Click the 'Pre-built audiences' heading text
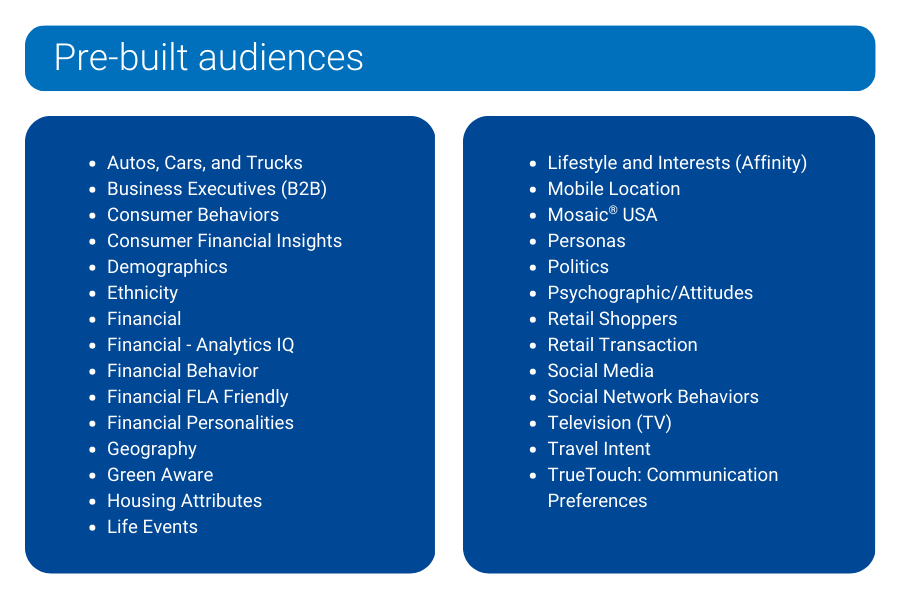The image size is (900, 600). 208,57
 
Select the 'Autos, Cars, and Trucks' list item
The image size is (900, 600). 204,163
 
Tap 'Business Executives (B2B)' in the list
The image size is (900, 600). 217,189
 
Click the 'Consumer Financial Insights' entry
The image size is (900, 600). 224,241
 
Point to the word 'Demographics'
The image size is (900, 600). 167,267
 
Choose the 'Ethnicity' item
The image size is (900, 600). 142,293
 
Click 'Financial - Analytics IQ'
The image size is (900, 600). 200,344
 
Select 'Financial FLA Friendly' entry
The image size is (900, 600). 197,397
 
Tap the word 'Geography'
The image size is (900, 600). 152,449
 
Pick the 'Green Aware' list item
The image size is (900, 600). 160,475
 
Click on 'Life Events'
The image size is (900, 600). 152,527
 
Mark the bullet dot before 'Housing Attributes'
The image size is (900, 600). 92,502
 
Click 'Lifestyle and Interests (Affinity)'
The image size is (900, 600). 677,163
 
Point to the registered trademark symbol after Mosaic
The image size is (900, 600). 613,210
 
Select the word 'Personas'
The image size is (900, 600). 586,241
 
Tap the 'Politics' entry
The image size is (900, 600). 578,267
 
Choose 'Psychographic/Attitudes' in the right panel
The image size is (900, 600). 650,293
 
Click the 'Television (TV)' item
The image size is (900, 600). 609,423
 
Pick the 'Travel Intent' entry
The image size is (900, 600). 599,448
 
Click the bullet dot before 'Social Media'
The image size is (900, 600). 533,372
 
